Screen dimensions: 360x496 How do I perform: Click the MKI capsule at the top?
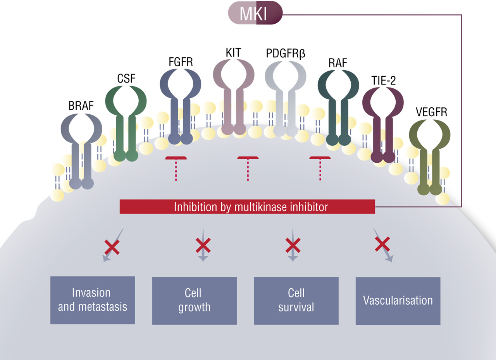255,13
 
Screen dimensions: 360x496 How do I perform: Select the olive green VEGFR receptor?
430,147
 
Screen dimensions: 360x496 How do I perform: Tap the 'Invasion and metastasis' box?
93,300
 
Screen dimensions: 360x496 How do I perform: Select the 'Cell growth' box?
194,300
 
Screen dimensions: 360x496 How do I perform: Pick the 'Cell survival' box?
296,300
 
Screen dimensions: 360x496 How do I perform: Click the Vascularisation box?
398,300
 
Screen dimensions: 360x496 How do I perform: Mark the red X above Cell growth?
203,245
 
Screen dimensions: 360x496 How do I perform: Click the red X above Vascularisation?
382,244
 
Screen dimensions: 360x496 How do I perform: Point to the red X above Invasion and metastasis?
112,246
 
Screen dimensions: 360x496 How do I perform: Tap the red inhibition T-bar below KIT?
248,167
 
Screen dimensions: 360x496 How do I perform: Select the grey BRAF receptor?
81,147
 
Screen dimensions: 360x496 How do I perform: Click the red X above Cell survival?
293,245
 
